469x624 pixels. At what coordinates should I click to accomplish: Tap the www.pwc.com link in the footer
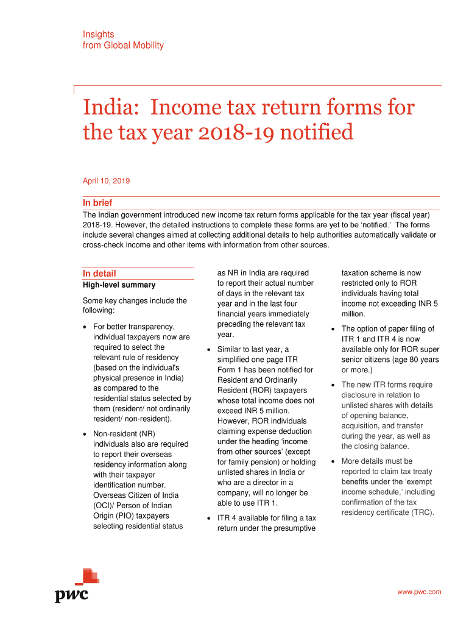click(x=419, y=592)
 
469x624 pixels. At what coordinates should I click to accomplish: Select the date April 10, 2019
click(x=106, y=181)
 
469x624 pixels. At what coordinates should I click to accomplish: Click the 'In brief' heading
click(x=97, y=203)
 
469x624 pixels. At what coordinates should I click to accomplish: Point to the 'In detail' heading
click(x=99, y=274)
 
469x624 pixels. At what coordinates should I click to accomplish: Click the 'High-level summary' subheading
click(x=119, y=285)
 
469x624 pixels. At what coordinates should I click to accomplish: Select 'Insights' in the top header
click(x=98, y=35)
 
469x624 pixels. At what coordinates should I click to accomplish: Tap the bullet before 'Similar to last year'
click(x=209, y=350)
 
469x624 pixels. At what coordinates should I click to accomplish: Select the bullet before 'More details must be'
click(x=333, y=461)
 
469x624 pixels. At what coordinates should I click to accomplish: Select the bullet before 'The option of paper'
click(x=333, y=329)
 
